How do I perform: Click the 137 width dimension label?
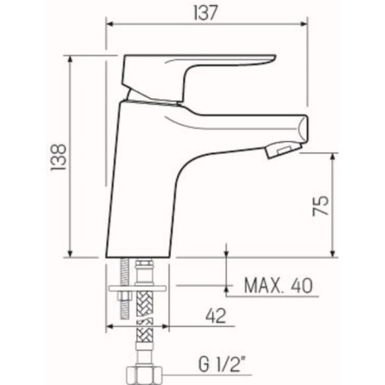pyautogui.click(x=205, y=13)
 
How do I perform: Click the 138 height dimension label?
pyautogui.click(x=58, y=157)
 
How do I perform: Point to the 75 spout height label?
pyautogui.click(x=321, y=205)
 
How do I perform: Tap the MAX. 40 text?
pyautogui.click(x=278, y=286)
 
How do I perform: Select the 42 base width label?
pyautogui.click(x=216, y=316)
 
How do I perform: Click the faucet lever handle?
pyautogui.click(x=197, y=76)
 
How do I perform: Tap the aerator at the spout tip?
pyautogui.click(x=283, y=150)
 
